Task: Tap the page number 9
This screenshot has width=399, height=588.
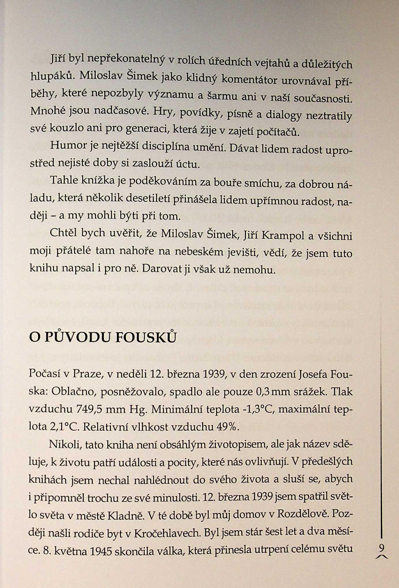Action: [x=382, y=547]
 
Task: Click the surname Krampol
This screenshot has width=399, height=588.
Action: [x=283, y=236]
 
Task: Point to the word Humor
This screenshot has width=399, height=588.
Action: [x=68, y=145]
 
